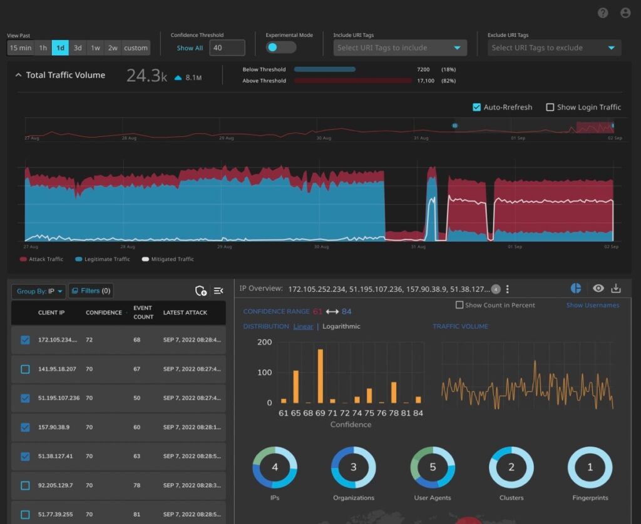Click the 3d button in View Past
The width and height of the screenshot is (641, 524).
click(x=78, y=48)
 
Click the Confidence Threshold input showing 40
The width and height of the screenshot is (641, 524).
click(x=227, y=48)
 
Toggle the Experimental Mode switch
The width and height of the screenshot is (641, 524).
click(x=280, y=48)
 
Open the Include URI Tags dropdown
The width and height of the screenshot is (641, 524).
click(x=400, y=48)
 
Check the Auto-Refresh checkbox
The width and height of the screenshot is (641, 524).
click(x=477, y=107)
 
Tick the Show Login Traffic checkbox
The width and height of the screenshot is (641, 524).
click(x=550, y=107)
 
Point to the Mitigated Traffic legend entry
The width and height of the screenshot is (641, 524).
click(x=168, y=259)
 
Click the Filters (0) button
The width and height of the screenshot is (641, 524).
click(x=91, y=291)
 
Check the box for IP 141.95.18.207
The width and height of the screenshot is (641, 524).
click(x=25, y=369)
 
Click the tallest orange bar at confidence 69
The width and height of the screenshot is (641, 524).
click(x=320, y=376)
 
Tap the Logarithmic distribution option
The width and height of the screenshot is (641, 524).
click(x=341, y=326)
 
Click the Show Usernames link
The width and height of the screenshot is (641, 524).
click(x=593, y=305)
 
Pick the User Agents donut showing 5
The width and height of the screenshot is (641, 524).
click(x=433, y=467)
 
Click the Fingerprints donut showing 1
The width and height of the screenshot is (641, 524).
click(x=590, y=467)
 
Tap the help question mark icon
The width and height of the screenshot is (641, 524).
click(x=603, y=13)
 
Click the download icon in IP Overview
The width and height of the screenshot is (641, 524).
click(x=616, y=288)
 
